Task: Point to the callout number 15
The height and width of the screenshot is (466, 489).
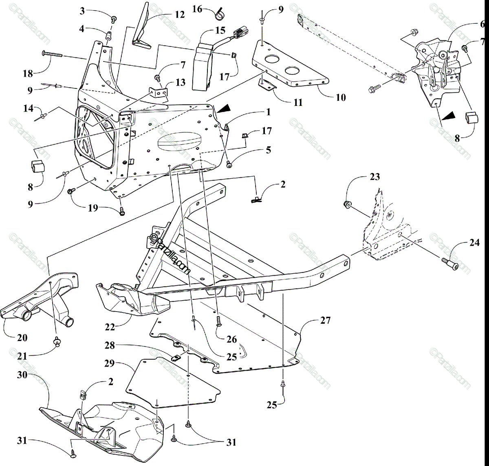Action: [220, 31]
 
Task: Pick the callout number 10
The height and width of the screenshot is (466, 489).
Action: [341, 97]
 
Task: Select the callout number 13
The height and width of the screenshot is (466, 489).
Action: [181, 82]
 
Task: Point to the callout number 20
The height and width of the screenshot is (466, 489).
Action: [22, 338]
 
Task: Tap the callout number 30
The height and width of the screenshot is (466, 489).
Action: [22, 374]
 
